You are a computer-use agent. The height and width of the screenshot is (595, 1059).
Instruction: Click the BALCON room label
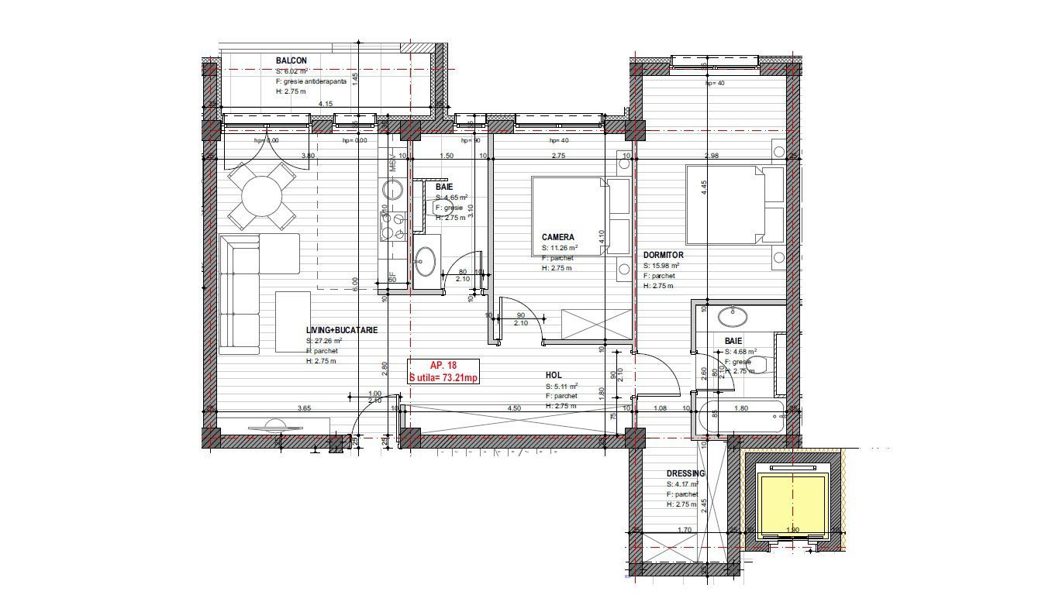pyautogui.click(x=291, y=60)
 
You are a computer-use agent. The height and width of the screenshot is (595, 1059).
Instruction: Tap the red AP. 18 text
pyautogui.click(x=443, y=365)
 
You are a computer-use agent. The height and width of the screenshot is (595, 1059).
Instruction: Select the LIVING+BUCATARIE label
pyautogui.click(x=342, y=330)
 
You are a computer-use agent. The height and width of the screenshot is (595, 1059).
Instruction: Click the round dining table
pyautogui.click(x=261, y=196)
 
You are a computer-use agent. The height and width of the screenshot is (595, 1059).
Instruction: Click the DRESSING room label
pyautogui.click(x=686, y=473)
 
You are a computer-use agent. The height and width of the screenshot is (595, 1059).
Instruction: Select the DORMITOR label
pyautogui.click(x=663, y=255)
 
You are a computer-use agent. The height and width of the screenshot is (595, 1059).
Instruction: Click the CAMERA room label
pyautogui.click(x=558, y=237)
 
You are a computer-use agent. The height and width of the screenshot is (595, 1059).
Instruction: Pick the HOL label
pyautogui.click(x=554, y=375)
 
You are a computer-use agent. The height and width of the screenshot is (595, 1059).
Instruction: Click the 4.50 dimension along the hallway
pyautogui.click(x=513, y=408)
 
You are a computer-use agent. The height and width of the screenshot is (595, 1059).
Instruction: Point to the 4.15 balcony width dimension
pyautogui.click(x=326, y=104)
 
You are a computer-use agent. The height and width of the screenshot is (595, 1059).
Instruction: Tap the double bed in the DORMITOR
pyautogui.click(x=725, y=204)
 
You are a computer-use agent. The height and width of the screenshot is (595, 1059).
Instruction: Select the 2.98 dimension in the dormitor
pyautogui.click(x=711, y=156)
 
